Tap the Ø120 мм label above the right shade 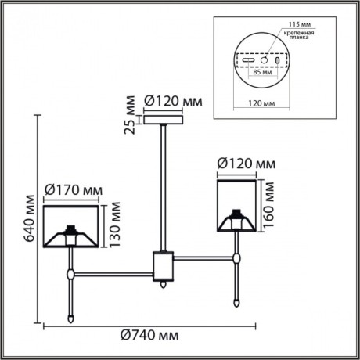pyautogui.click(x=246, y=164)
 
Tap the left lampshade pyautogui.click(x=70, y=224)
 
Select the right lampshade pyautogui.click(x=236, y=206)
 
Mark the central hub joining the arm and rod pyautogui.click(x=163, y=265)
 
